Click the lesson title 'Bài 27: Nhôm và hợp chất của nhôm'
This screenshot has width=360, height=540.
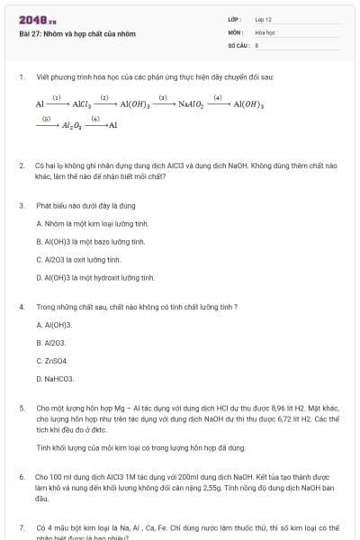point(77,33)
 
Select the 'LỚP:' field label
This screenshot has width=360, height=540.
point(236,18)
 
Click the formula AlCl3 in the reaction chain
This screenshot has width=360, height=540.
point(80,104)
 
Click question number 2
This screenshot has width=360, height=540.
point(22,166)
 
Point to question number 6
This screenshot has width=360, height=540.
point(22,475)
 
